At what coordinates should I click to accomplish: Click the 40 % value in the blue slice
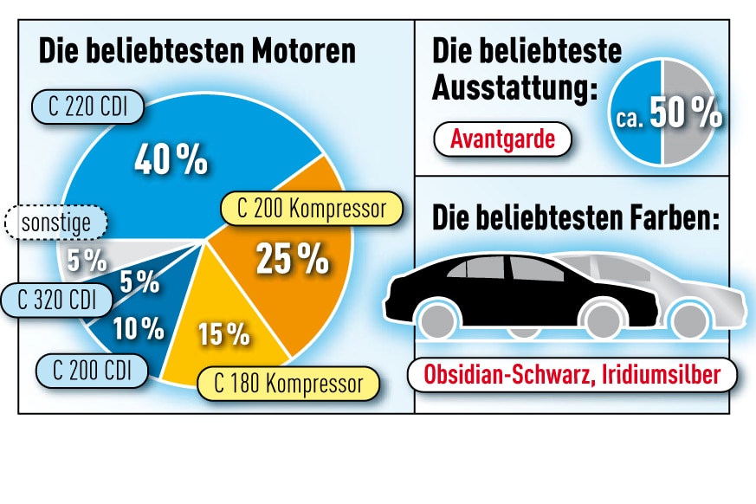pyautogui.click(x=171, y=159)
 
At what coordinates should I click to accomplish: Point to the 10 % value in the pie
pyautogui.click(x=139, y=327)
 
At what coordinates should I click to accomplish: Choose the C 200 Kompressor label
pyautogui.click(x=312, y=209)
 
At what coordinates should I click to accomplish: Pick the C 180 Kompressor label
pyautogui.click(x=288, y=384)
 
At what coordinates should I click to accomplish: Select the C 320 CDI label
pyautogui.click(x=57, y=300)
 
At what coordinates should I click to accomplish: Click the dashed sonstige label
pyautogui.click(x=55, y=223)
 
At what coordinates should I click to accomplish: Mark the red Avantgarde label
pyautogui.click(x=502, y=139)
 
